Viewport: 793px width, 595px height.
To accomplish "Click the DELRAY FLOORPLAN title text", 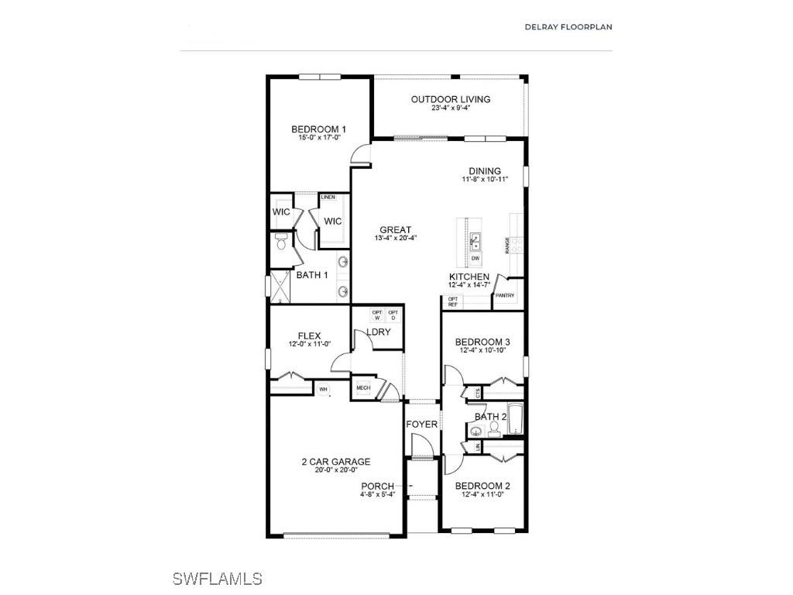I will pyautogui.click(x=568, y=26).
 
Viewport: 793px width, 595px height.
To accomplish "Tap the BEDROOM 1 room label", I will pyautogui.click(x=318, y=129).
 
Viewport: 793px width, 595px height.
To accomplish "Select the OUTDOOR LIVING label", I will pyautogui.click(x=451, y=99).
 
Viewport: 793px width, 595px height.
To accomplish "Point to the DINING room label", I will pyautogui.click(x=485, y=171).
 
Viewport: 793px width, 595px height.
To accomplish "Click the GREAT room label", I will pyautogui.click(x=395, y=229).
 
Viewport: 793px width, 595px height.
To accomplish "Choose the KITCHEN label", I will pyautogui.click(x=469, y=277).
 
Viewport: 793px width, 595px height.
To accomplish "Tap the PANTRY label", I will pyautogui.click(x=505, y=295).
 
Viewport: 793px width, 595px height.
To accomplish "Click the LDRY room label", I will pyautogui.click(x=379, y=332).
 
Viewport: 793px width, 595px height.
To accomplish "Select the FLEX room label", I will pyautogui.click(x=287, y=335).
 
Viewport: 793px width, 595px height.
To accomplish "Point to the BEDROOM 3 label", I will pyautogui.click(x=482, y=342).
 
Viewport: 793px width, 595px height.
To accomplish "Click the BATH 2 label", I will pyautogui.click(x=491, y=417).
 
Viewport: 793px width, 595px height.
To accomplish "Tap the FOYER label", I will pyautogui.click(x=422, y=425).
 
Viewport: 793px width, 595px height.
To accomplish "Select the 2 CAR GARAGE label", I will pyautogui.click(x=336, y=462).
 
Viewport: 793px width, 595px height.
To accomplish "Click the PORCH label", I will pyautogui.click(x=377, y=487).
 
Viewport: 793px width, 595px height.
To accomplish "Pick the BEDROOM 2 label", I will pyautogui.click(x=482, y=487).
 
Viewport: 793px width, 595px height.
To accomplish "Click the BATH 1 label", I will pyautogui.click(x=312, y=275).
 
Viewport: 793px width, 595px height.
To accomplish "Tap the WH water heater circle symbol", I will pyautogui.click(x=324, y=390).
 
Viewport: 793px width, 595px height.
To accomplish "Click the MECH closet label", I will pyautogui.click(x=363, y=388).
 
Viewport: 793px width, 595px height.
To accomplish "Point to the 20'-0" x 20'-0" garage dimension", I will pyautogui.click(x=336, y=469).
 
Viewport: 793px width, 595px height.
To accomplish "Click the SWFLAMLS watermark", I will pyautogui.click(x=218, y=579).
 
